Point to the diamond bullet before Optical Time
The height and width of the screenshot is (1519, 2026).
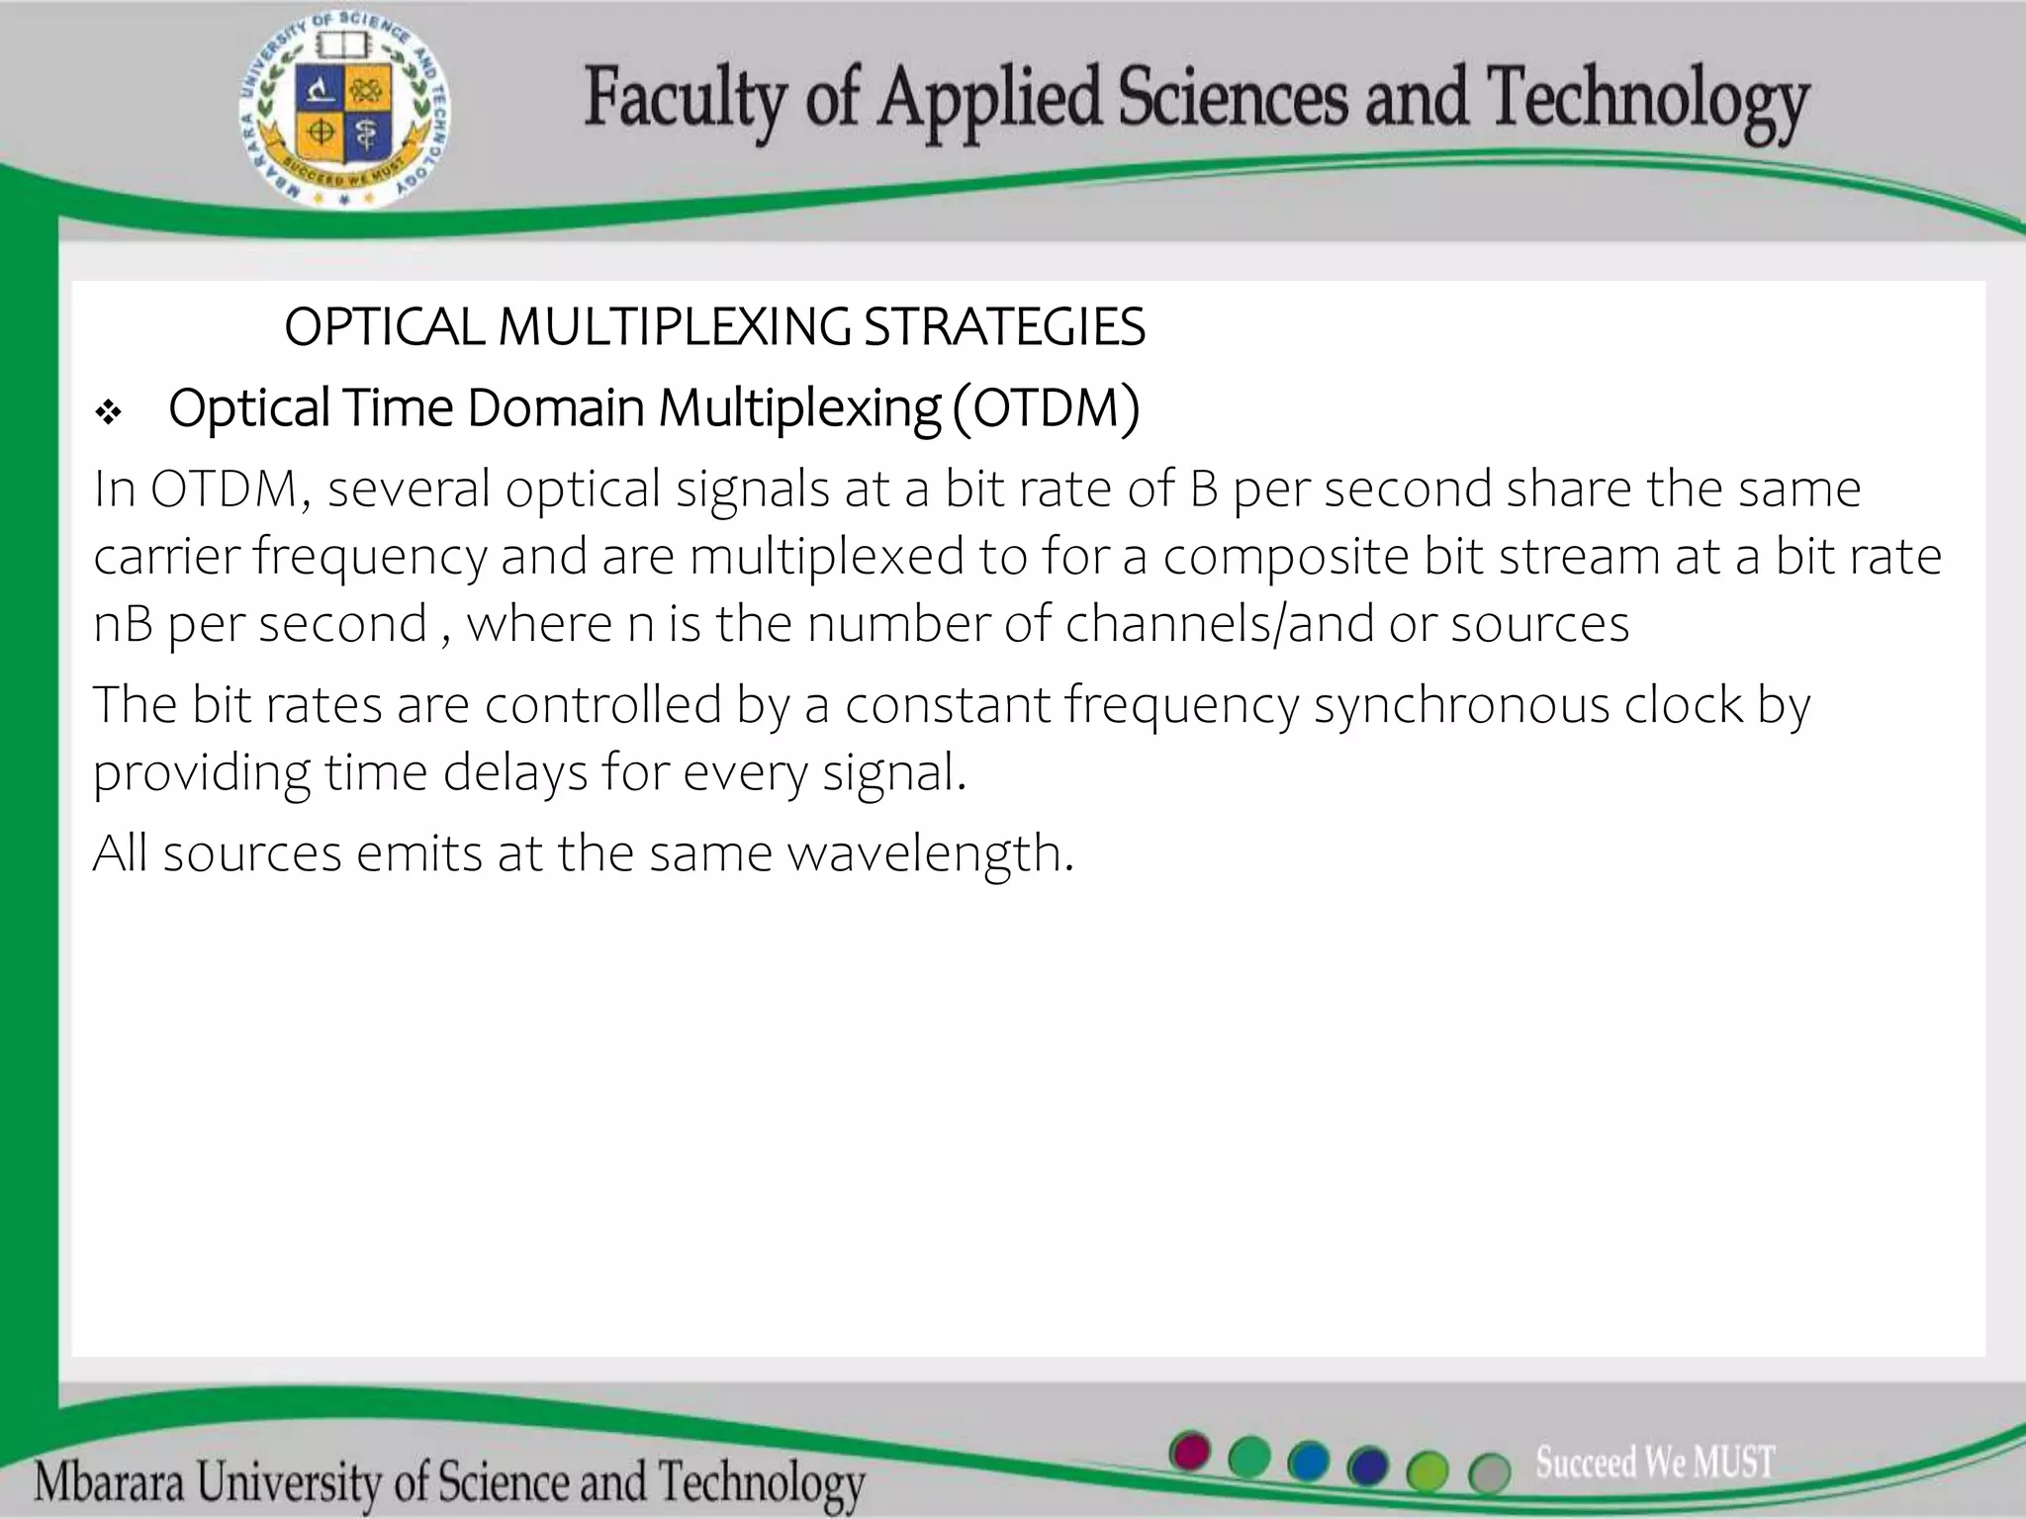click(108, 411)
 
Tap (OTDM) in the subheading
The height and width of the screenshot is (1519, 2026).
click(1047, 407)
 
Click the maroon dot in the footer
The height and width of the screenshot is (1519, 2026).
click(1190, 1452)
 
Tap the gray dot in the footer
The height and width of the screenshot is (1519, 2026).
click(1489, 1474)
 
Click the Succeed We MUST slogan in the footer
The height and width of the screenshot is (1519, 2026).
click(1654, 1462)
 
